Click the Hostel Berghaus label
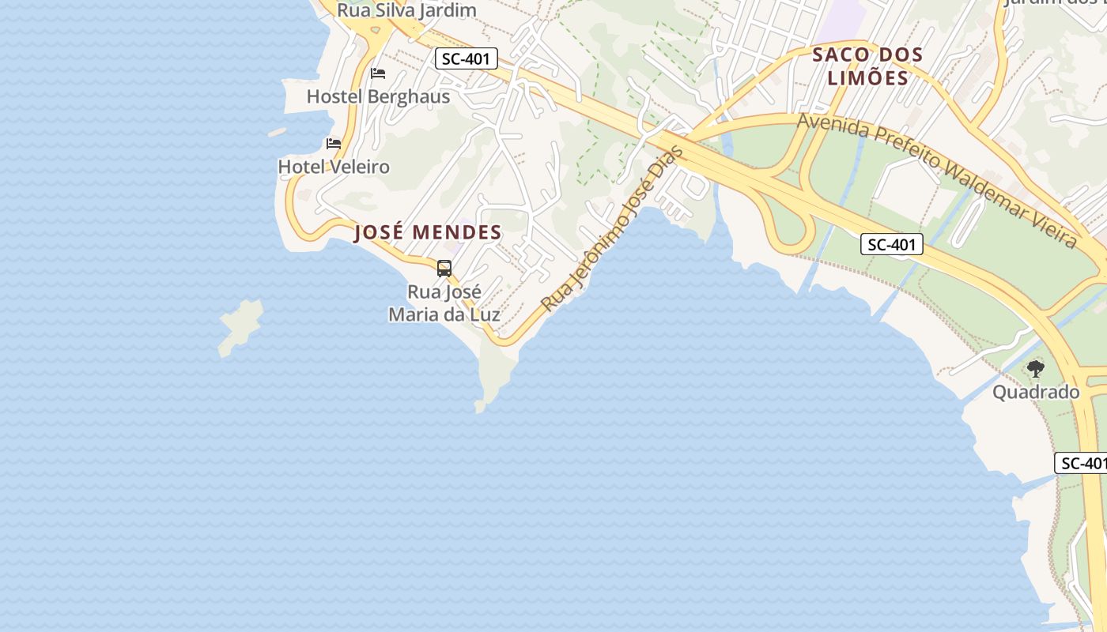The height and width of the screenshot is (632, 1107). point(378,96)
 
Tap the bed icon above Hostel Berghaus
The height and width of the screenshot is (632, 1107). point(378,73)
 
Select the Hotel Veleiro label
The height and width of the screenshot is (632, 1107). point(334,167)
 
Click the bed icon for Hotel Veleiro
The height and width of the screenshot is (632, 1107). point(334,144)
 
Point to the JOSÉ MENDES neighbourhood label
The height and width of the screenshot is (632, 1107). point(428,232)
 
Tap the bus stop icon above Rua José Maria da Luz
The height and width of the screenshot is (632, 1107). point(444,269)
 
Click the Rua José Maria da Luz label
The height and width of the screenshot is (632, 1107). point(444,303)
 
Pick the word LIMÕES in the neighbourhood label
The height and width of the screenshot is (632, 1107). point(869,78)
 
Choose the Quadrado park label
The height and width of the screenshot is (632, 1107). point(1036,392)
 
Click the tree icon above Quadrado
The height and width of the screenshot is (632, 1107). point(1035,368)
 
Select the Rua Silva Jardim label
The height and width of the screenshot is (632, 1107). point(407,10)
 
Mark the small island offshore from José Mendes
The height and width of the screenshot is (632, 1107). point(240,326)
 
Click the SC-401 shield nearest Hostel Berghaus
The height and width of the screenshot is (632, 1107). point(467,58)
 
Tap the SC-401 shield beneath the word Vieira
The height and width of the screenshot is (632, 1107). point(892,245)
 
